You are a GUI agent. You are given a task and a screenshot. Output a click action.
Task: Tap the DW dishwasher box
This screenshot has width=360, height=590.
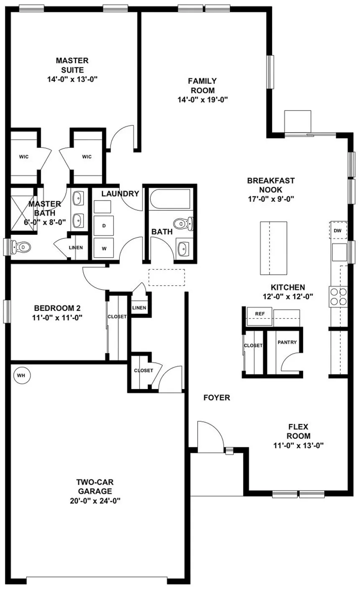[x=338, y=231]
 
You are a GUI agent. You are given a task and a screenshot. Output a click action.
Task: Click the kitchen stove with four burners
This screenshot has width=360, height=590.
[x=338, y=296]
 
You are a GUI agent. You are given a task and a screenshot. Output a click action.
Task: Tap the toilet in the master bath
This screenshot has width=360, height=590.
[x=20, y=247]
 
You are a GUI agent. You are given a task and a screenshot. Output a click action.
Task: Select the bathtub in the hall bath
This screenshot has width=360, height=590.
[x=170, y=200]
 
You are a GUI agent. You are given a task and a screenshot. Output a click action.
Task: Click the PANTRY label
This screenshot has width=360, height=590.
[x=287, y=342]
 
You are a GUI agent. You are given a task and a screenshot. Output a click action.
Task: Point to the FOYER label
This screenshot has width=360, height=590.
[x=217, y=398]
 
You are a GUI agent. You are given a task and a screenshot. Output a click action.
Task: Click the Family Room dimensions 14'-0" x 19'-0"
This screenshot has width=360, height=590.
[x=203, y=100]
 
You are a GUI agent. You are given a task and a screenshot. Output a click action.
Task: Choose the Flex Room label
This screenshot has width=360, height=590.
[x=298, y=431]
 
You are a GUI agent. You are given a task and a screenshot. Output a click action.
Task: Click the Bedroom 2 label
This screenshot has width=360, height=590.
[x=57, y=308]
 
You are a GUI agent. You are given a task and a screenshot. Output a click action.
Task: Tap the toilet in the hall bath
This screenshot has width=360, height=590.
[x=183, y=223]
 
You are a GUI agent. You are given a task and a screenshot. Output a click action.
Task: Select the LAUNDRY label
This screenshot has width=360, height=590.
[x=120, y=194]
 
